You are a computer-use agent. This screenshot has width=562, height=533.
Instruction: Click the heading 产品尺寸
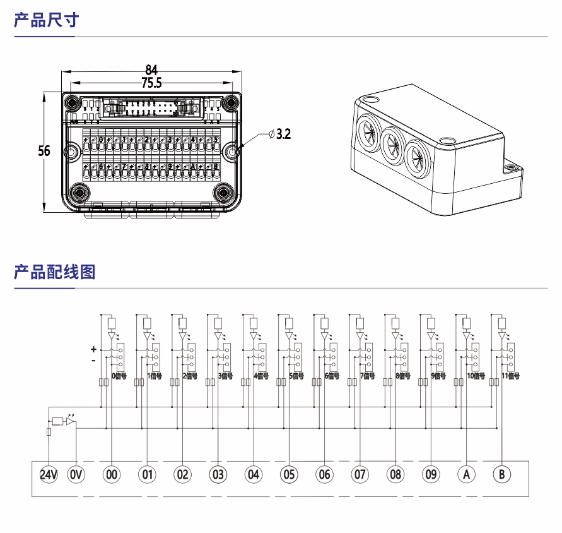(x=46, y=20)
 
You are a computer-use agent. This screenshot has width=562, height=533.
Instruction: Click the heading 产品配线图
(x=54, y=272)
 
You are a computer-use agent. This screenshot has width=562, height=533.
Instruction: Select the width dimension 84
(x=151, y=69)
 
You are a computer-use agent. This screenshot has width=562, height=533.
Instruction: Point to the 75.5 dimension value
(x=151, y=83)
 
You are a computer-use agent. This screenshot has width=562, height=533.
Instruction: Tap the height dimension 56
(x=44, y=152)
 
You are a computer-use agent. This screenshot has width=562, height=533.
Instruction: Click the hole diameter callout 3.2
(x=279, y=135)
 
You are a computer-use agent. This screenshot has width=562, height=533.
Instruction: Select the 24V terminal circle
(x=49, y=474)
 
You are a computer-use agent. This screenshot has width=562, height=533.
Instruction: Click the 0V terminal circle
(x=76, y=474)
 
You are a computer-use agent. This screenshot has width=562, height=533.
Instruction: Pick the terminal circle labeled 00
(x=112, y=474)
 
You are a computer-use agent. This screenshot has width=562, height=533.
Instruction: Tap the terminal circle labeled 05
(x=289, y=474)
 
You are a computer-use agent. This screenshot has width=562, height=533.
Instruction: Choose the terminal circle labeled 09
(x=431, y=474)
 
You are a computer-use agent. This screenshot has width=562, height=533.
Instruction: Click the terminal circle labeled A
(x=467, y=474)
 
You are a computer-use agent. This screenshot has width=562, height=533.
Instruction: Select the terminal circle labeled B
(x=502, y=474)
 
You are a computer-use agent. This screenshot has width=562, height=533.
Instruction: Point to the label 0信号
(x=119, y=376)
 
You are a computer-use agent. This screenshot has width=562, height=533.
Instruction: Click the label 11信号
(x=510, y=376)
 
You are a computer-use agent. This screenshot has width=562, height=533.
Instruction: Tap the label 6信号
(x=332, y=376)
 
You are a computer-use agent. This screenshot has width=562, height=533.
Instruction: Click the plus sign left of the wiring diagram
(x=93, y=349)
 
